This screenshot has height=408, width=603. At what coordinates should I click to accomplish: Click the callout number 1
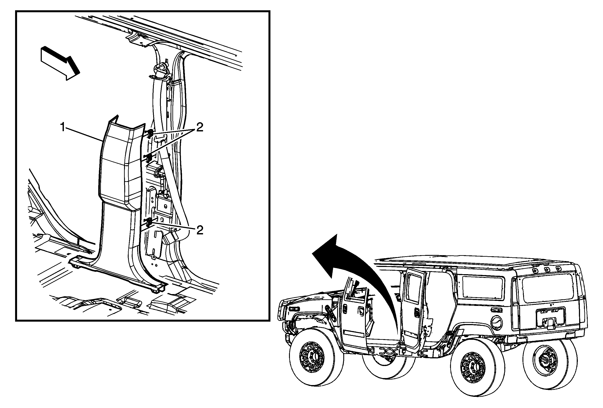(x=62, y=127)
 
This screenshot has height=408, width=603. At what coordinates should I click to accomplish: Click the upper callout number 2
(x=199, y=127)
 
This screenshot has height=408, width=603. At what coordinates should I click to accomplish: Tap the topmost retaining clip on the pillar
(x=150, y=134)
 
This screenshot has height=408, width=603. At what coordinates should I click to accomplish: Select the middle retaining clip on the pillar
(x=149, y=157)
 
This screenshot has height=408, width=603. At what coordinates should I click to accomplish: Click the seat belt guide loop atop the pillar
(x=161, y=70)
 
